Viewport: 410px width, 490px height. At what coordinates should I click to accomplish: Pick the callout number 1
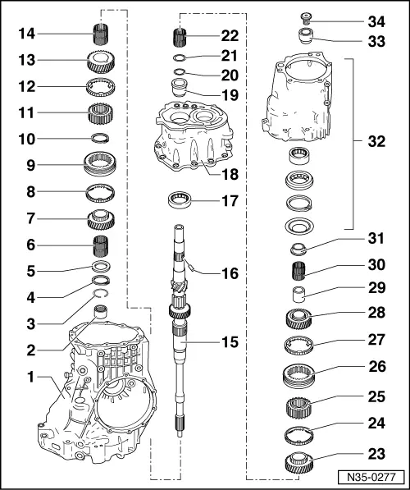tap(30, 378)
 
